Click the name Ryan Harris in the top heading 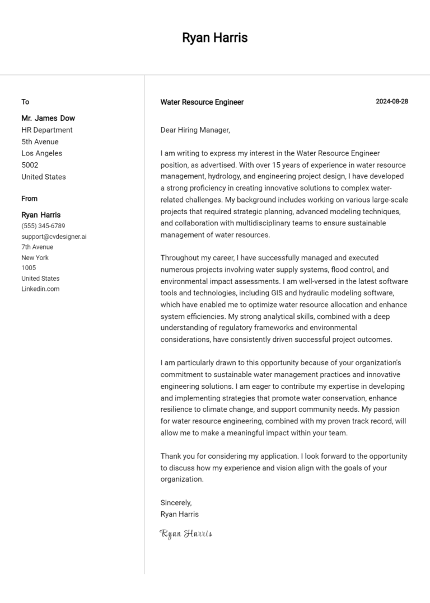pos(214,38)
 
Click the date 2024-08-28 pos(391,102)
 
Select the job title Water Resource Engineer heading pos(202,102)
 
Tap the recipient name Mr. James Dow pos(48,118)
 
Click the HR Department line pos(47,130)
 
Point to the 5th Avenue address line pos(40,142)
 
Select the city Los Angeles pos(42,153)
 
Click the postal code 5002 pos(30,165)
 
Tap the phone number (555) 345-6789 pos(43,226)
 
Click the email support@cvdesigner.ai pos(54,237)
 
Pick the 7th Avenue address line pos(37,247)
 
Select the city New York pos(35,257)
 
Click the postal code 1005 pos(29,268)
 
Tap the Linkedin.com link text pos(40,289)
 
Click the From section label pos(30,199)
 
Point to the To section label pos(25,102)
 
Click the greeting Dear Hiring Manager pos(195,130)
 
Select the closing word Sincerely pos(176,503)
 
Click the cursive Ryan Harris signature pos(186,534)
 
